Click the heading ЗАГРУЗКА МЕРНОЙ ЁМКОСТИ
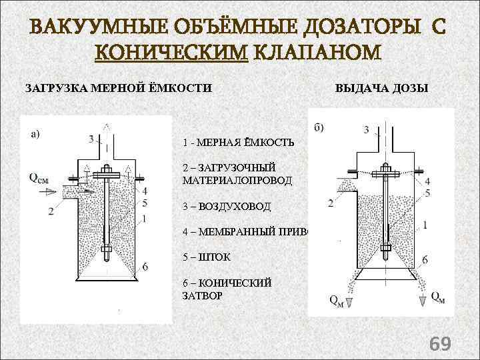coord(119,88)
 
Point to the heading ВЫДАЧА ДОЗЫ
coord(382,88)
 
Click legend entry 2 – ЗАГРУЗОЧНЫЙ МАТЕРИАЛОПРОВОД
coord(237,174)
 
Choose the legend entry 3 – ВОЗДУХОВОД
coord(226,207)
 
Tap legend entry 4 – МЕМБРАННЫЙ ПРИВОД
coord(247,232)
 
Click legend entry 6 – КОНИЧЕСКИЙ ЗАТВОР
coord(227,289)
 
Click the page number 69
coord(440,343)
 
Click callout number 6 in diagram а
coord(145,266)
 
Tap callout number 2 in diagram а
coord(51,211)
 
